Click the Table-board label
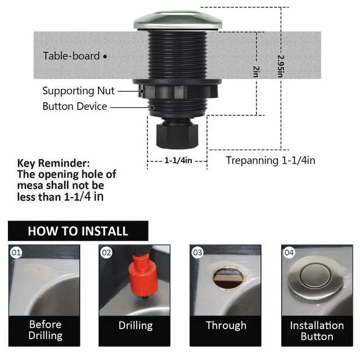(71, 56)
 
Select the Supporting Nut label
(78, 91)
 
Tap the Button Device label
(74, 106)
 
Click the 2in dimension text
(256, 71)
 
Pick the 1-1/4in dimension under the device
(178, 161)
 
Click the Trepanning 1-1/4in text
(270, 160)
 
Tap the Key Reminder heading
(53, 163)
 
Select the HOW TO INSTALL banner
(78, 231)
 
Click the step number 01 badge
(16, 253)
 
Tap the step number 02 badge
(106, 253)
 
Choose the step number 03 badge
(197, 253)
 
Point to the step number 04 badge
(289, 253)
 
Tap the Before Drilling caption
(45, 330)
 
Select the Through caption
(226, 325)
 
